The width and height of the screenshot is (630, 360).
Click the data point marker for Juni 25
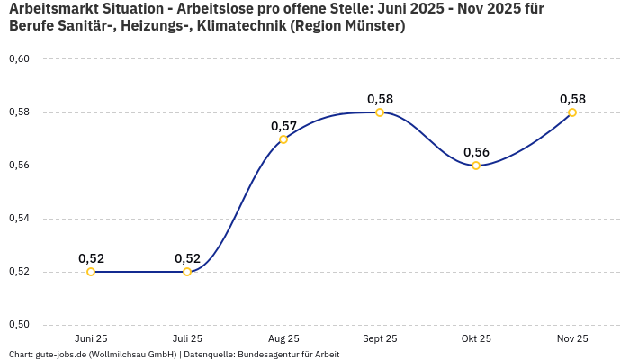click(91, 272)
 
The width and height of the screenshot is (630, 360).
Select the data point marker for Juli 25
click(187, 272)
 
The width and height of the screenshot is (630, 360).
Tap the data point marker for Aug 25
click(283, 139)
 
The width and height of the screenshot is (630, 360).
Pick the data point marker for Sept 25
click(380, 112)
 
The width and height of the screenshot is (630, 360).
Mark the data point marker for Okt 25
click(476, 166)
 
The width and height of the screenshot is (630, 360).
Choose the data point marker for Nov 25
click(572, 112)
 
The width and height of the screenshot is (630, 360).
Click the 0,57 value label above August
click(283, 126)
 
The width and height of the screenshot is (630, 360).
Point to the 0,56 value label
click(476, 152)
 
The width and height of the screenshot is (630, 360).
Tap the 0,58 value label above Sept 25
click(380, 99)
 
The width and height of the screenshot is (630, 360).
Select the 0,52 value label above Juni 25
click(91, 258)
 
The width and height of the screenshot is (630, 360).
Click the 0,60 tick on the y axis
click(19, 59)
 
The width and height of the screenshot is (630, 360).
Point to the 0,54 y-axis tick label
click(19, 219)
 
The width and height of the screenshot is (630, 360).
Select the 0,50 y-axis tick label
click(19, 325)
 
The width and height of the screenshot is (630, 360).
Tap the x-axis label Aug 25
click(283, 338)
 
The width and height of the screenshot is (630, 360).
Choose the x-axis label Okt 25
click(476, 338)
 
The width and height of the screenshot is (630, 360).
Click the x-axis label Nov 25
click(572, 338)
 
